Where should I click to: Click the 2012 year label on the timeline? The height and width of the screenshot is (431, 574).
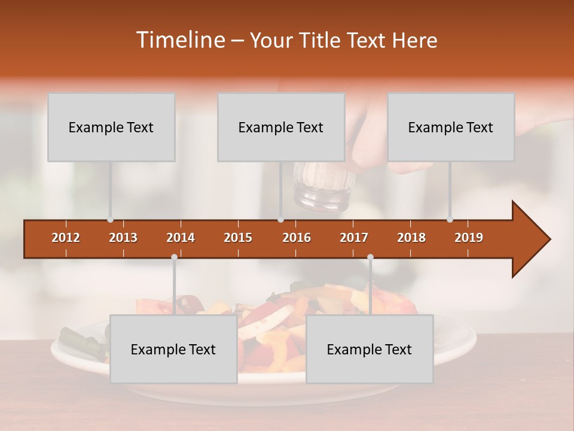click(x=66, y=238)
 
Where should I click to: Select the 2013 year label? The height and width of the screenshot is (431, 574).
click(x=123, y=238)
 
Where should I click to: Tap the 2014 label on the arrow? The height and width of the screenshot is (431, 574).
click(x=181, y=238)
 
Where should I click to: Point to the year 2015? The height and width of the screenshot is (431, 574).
click(x=238, y=238)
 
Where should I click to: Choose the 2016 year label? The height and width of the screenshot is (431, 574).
click(x=297, y=238)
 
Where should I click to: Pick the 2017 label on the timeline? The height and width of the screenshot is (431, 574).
click(x=354, y=238)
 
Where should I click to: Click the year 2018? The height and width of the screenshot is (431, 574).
click(x=411, y=238)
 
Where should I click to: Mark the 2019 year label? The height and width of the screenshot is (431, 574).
click(x=469, y=238)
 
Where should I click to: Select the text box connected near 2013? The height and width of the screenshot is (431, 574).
click(x=111, y=127)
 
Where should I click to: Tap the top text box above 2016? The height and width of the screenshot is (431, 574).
click(x=281, y=127)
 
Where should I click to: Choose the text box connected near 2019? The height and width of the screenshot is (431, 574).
click(x=451, y=127)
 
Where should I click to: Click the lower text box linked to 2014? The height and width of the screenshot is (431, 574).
click(x=173, y=349)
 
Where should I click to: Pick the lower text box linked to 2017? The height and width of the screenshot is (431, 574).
click(x=370, y=349)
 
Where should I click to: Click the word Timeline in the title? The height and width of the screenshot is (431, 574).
click(x=179, y=40)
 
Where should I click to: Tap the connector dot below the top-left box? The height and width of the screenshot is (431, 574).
click(x=111, y=220)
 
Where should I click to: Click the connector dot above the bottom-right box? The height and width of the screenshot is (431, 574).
click(x=370, y=257)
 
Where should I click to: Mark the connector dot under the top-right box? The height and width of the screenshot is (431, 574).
click(x=450, y=220)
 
